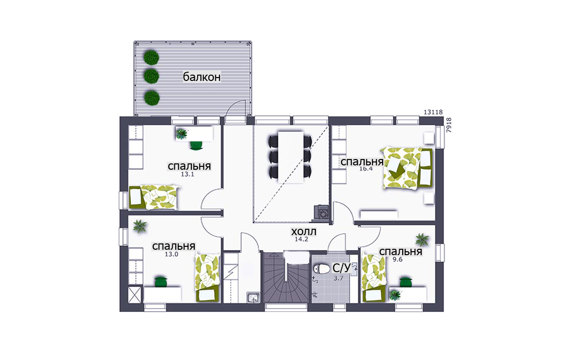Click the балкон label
tap(202, 77)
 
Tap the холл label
tap(304, 232)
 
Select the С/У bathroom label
tap(342, 268)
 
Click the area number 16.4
tap(366, 169)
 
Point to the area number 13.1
tap(187, 174)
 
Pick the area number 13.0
tap(171, 255)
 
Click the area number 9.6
tap(398, 260)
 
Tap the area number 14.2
tap(302, 240)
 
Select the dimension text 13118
tap(433, 112)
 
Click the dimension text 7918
tap(449, 125)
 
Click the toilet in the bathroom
tap(321, 269)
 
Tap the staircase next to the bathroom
tap(286, 278)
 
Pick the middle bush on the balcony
tap(151, 76)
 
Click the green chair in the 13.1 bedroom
tap(196, 145)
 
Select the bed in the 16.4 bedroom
tap(407, 168)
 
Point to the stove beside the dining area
tap(321, 212)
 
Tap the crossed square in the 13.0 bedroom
tap(135, 295)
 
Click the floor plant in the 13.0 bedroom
tap(140, 226)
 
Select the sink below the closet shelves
tap(253, 298)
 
